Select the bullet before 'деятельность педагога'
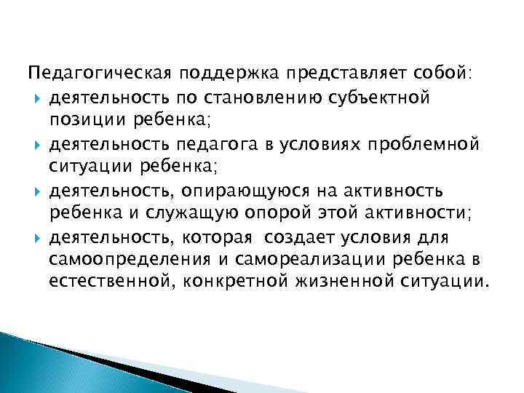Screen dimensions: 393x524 [x=37, y=144]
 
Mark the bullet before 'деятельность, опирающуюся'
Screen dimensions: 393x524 [x=37, y=191]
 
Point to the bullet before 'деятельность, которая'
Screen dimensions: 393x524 [x=37, y=238]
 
